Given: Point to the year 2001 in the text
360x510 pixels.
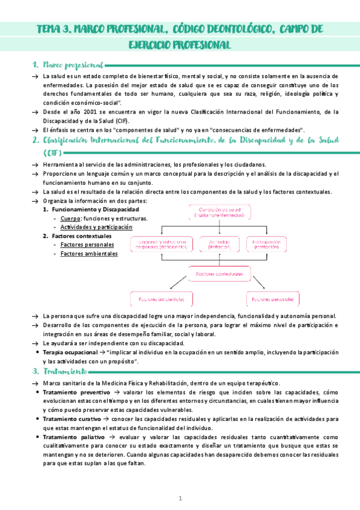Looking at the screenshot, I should [87, 111].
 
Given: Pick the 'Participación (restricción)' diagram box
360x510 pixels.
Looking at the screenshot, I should [270, 244].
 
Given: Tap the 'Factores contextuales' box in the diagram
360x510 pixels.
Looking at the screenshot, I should [219, 274].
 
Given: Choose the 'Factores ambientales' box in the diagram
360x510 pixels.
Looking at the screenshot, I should [162, 299].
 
